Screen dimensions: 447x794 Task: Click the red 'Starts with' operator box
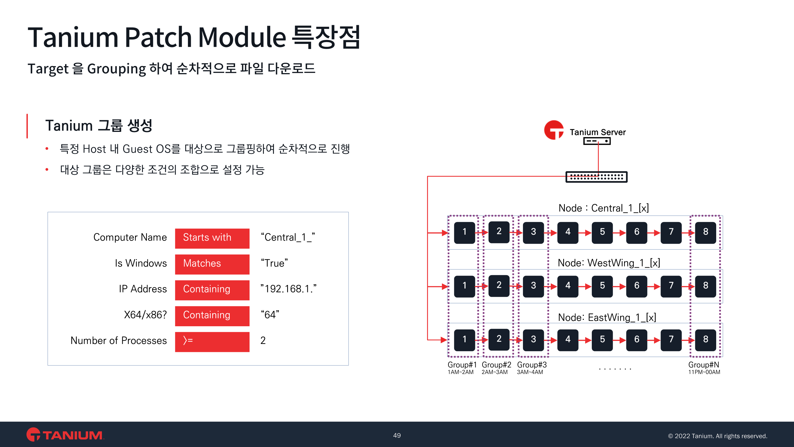tap(212, 238)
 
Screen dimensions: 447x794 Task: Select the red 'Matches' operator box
tap(212, 264)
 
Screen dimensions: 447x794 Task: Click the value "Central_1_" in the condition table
tap(288, 237)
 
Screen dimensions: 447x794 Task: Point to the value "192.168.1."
tap(288, 289)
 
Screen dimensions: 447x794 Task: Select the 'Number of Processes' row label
tap(119, 341)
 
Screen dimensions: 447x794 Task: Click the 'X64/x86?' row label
tap(145, 315)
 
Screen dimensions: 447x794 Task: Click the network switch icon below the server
tap(596, 177)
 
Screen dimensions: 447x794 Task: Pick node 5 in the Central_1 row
tap(602, 232)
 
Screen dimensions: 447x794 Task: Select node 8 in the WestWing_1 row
tap(705, 286)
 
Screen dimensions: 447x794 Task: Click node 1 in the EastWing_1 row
tap(464, 339)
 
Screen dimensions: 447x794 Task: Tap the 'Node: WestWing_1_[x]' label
tap(609, 263)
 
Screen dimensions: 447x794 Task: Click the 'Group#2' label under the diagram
tap(496, 365)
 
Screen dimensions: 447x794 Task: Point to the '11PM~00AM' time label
tap(704, 372)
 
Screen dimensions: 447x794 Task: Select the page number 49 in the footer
tap(397, 435)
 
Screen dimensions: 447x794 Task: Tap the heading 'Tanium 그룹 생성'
tap(99, 126)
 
